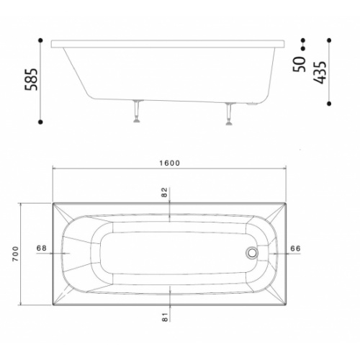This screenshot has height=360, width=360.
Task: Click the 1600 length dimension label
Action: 170,163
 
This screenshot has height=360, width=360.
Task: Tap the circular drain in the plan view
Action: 251,253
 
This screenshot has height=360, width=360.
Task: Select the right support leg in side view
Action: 229,113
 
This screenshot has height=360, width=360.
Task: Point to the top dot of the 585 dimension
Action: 41,40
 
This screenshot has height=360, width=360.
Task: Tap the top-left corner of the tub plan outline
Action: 53,202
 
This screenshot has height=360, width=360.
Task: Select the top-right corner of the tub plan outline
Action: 286,202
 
